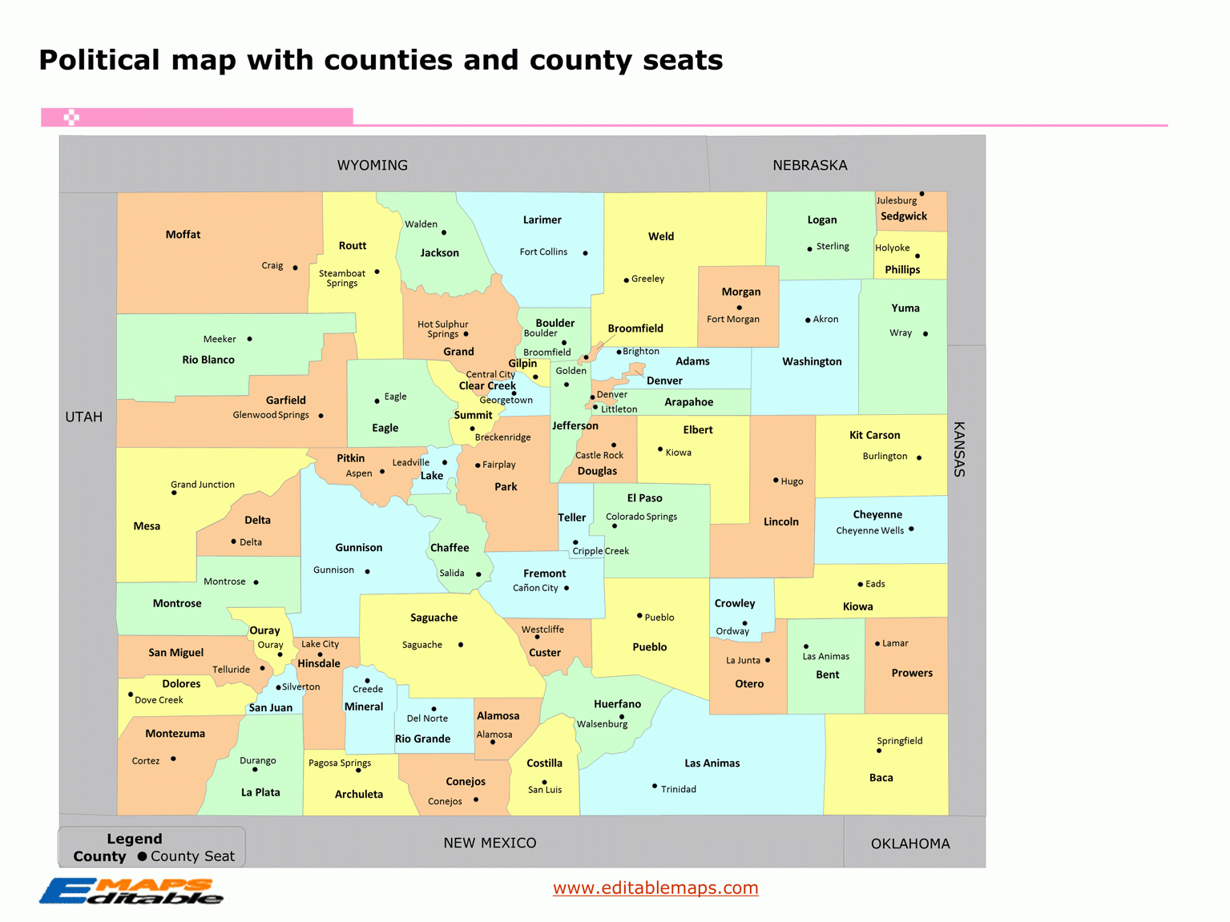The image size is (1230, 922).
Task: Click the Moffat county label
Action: point(183,235)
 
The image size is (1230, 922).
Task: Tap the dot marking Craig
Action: point(295,268)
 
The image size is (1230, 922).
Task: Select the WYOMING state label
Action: point(372,165)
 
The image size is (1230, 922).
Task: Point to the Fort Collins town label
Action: point(543,252)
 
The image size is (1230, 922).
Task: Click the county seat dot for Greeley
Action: point(626,280)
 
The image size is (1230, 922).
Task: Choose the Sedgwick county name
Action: point(903,216)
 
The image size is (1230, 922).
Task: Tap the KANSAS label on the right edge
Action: point(958,449)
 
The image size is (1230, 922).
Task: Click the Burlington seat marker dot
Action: point(919,458)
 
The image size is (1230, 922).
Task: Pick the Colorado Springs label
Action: point(641,517)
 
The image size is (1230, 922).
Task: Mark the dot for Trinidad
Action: point(655,786)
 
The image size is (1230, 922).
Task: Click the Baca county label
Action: point(881,778)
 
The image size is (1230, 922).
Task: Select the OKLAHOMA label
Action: point(910,843)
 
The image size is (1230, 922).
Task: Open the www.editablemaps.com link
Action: point(655,888)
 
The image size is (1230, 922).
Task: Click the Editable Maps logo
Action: point(131,891)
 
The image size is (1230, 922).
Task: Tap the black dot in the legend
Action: point(143,856)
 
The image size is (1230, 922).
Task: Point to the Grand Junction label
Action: point(203,485)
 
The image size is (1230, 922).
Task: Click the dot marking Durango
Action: point(255,770)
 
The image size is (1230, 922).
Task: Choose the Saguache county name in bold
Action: point(434,618)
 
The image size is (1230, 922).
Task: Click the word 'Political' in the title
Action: point(99,60)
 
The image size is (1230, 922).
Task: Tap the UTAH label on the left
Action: point(83,417)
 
